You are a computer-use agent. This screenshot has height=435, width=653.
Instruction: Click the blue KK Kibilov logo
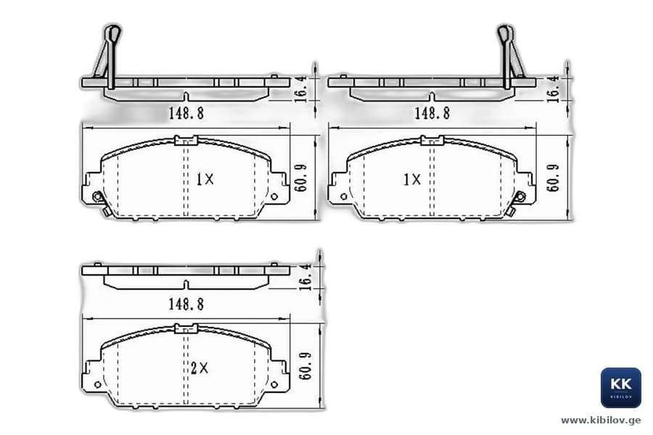[x=620, y=388]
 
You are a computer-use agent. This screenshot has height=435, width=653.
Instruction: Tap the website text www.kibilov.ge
[x=601, y=420]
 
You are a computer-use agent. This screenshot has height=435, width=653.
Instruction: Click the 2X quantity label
[x=200, y=368]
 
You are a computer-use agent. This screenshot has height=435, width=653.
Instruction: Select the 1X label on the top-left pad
[x=205, y=179]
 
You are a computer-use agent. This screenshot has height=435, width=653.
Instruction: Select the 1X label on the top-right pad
[x=412, y=179]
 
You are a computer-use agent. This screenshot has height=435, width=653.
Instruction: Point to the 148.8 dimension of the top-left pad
[x=186, y=113]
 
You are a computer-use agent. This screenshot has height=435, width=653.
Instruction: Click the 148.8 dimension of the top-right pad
[x=432, y=113]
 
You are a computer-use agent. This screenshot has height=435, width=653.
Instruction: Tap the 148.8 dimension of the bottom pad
[x=186, y=304]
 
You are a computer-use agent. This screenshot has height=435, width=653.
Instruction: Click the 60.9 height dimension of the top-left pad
[x=300, y=178]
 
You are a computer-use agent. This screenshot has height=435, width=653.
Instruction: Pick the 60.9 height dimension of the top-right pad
[x=553, y=178]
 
